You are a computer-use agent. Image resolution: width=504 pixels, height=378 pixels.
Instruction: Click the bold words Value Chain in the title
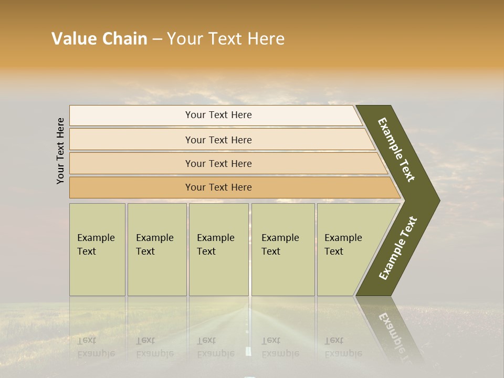pos(99,39)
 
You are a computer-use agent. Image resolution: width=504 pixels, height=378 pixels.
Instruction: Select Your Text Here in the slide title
pos(225,39)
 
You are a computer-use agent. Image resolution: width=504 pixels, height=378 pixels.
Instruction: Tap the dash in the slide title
pos(157,39)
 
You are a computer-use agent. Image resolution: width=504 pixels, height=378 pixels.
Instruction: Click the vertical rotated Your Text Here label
pos(60,151)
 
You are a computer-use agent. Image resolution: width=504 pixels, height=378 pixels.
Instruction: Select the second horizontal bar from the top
pos(218,140)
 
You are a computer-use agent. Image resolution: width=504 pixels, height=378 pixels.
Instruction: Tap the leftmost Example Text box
pos(97,249)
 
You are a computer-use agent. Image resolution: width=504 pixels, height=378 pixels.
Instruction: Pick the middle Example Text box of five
pos(218,249)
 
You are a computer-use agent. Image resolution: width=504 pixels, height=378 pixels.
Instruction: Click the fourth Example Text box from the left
pos(282,249)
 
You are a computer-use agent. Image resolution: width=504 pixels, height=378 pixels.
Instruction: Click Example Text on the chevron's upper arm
pos(397,150)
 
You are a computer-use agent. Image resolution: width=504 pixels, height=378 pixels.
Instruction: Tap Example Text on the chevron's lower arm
pos(398,248)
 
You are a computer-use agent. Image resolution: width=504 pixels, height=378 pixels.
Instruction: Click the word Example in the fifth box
pos(343,238)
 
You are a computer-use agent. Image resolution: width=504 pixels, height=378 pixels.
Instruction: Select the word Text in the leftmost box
pos(87,251)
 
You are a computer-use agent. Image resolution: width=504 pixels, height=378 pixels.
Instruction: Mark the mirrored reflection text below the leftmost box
pos(96,347)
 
